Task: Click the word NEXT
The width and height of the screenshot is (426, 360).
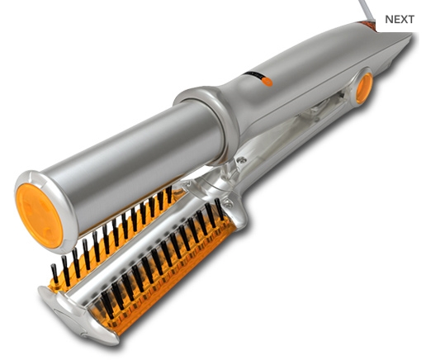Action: [400, 19]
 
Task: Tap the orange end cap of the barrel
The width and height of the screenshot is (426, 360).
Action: [39, 216]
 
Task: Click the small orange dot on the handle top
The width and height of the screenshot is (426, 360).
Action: [267, 82]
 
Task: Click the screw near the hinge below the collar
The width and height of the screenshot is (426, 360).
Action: [242, 159]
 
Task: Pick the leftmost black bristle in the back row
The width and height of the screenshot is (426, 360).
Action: [54, 274]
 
